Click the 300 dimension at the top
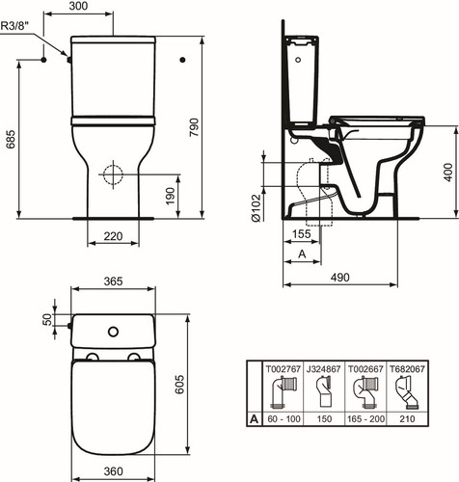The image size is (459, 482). click(78, 6)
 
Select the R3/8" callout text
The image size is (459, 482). click(14, 25)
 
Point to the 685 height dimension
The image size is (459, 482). click(11, 139)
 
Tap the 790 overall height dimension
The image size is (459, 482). click(194, 127)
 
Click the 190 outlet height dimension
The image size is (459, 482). click(170, 196)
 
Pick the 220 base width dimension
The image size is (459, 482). click(113, 236)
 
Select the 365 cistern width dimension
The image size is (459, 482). click(113, 281)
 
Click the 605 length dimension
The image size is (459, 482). click(179, 384)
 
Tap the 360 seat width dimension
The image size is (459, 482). click(113, 471)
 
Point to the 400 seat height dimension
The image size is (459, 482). click(448, 172)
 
